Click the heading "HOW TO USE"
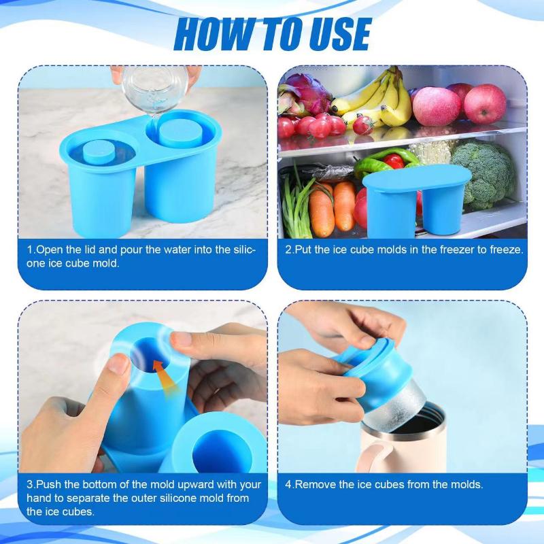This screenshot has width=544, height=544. tap(272, 34)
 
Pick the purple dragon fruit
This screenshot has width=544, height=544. tap(306, 92)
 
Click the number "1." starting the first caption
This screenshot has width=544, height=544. tap(31, 250)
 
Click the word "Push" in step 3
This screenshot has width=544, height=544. tap(49, 485)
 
